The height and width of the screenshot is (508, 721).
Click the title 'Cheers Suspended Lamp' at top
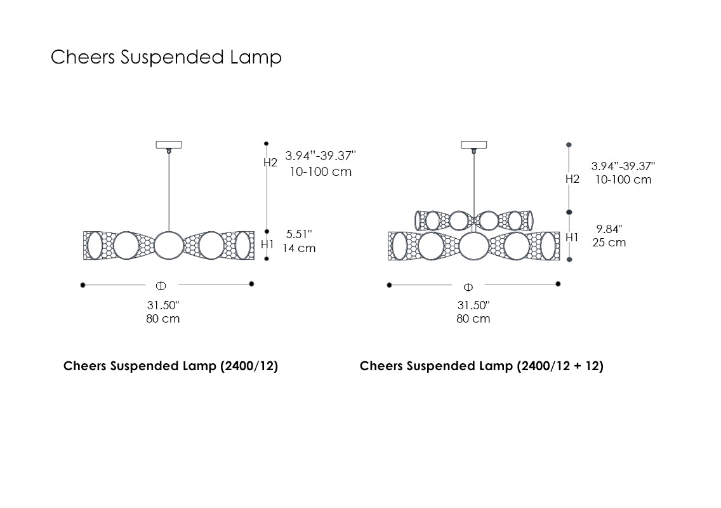[x=166, y=57]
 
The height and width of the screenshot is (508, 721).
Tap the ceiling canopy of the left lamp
[x=169, y=145]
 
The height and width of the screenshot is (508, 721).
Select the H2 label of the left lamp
[x=271, y=163]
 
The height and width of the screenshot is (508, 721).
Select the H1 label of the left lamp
[x=267, y=244]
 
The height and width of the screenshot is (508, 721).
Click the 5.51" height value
[x=299, y=234]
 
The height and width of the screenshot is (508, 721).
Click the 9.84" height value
[x=609, y=229]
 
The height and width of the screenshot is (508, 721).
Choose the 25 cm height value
[x=609, y=243]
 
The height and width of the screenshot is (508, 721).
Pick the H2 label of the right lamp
[x=572, y=179]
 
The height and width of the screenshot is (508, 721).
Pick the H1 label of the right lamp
[x=572, y=237]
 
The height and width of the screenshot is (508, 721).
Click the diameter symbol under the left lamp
[x=161, y=285]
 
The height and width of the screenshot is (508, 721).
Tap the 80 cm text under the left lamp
[x=163, y=319]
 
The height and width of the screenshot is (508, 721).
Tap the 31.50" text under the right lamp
[x=473, y=305]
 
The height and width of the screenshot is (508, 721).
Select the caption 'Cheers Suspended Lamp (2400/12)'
[x=171, y=366]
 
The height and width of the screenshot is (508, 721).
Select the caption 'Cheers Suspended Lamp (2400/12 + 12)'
[x=482, y=366]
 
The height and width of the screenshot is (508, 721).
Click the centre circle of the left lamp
[x=168, y=245]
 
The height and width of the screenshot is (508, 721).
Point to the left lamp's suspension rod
[x=169, y=190]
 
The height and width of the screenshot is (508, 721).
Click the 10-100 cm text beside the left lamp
[x=321, y=172]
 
